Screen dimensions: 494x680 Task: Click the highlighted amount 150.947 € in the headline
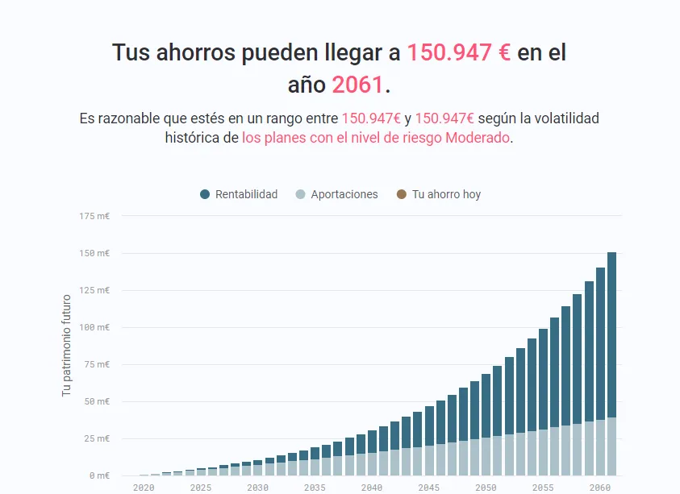coord(458,53)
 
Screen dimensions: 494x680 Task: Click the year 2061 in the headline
coord(358,84)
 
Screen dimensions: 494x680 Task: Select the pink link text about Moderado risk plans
coord(376,138)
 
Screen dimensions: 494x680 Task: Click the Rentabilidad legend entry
coord(239,194)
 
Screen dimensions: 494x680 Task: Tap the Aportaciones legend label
coord(344,194)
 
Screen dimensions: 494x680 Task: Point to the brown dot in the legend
coord(402,194)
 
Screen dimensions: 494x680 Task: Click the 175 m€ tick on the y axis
coord(94,216)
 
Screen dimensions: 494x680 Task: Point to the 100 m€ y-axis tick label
coord(94,327)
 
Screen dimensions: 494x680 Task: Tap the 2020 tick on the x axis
coord(144,488)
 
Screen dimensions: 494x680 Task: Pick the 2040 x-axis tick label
coord(372,488)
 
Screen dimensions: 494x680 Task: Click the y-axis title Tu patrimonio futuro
coord(67,345)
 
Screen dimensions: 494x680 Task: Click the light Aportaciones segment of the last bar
coord(611,446)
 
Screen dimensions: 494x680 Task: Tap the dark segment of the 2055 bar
coord(543,379)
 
